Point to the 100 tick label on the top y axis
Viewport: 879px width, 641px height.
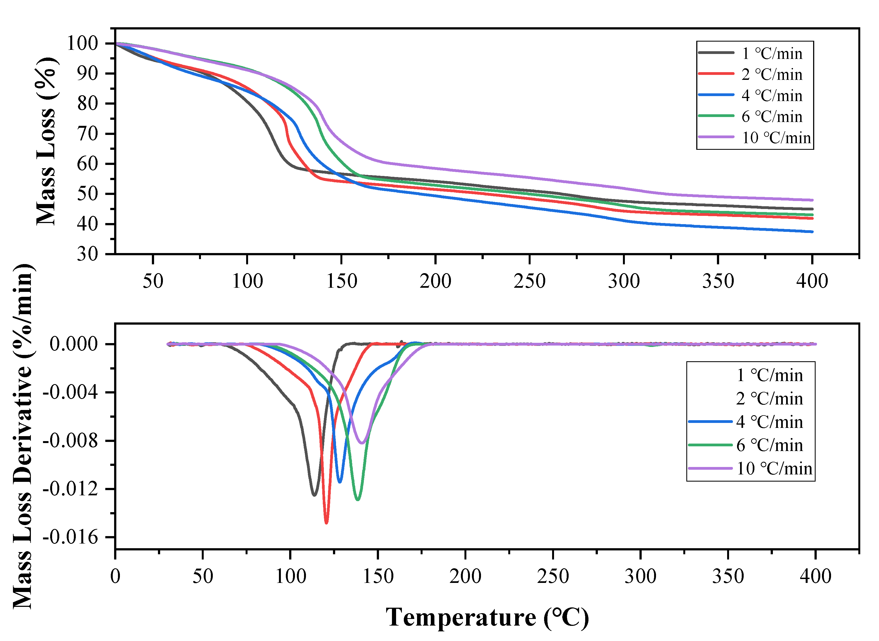click(x=82, y=43)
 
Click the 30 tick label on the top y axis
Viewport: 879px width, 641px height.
click(x=87, y=254)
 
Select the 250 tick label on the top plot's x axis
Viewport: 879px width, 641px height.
click(x=529, y=281)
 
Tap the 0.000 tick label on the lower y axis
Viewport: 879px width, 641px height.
click(x=74, y=344)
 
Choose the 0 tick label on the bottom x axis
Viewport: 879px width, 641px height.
click(x=115, y=577)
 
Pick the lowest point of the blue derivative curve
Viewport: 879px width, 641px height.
click(x=340, y=482)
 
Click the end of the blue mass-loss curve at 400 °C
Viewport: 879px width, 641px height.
click(x=812, y=232)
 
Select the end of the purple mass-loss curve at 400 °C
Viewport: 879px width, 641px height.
click(x=812, y=200)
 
